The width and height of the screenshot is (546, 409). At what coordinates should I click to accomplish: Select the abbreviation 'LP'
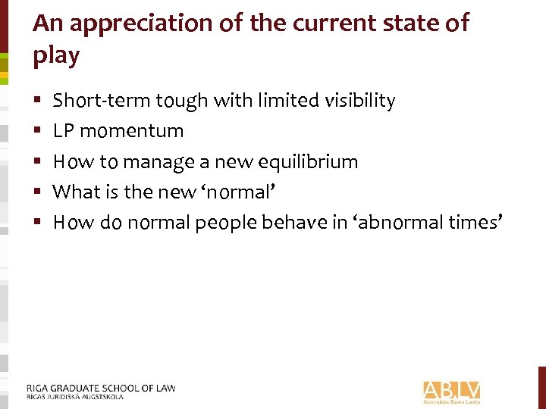pos(64,131)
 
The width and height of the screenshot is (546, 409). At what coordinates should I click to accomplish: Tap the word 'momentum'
pos(132,131)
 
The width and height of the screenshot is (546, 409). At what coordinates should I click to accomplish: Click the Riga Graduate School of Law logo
pos(101,391)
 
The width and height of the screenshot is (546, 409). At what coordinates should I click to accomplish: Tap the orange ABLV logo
pos(452,390)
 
